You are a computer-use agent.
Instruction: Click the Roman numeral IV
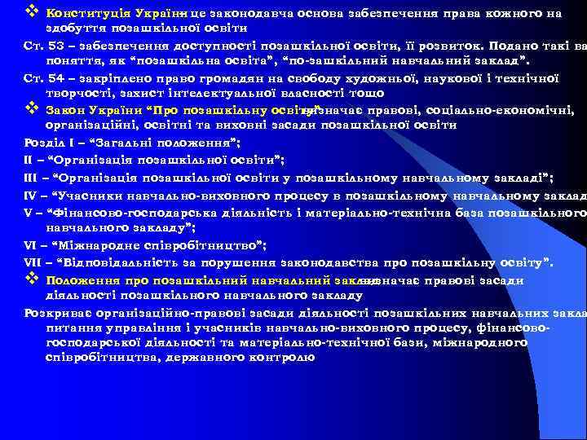pos(30,196)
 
